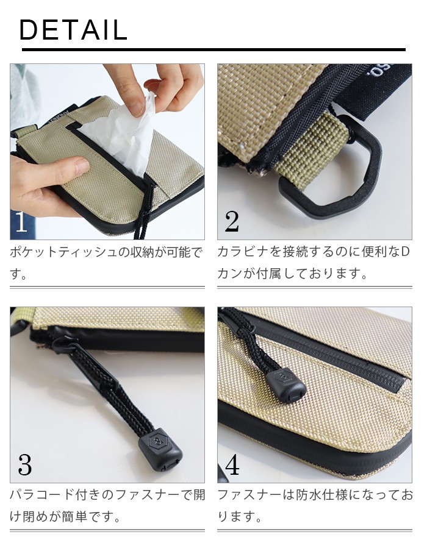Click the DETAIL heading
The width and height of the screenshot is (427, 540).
[73, 30]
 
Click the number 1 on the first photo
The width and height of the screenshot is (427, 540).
[21, 221]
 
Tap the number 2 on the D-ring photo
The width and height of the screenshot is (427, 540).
[232, 221]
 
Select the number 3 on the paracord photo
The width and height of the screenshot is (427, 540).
[24, 464]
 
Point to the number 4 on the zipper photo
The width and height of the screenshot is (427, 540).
[232, 464]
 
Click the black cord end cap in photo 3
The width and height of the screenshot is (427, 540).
[160, 449]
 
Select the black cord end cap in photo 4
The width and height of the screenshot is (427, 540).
[285, 385]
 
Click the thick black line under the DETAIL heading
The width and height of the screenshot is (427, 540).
[213, 50]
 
